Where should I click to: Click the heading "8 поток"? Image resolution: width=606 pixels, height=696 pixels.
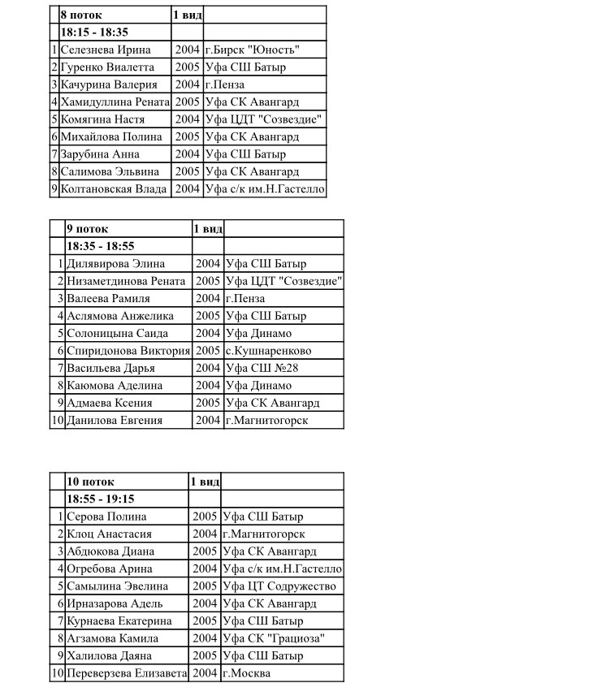coord(82,15)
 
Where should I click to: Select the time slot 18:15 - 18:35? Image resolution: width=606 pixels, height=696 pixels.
coord(94,32)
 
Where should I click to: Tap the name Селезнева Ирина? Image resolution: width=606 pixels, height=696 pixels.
coord(106,50)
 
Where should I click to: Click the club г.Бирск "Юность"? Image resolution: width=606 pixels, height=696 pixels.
coord(263,50)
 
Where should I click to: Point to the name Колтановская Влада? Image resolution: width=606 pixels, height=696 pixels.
coord(114,189)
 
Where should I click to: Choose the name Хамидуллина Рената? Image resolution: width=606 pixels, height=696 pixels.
coord(115,102)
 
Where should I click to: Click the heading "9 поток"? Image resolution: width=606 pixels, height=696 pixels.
coord(87,229)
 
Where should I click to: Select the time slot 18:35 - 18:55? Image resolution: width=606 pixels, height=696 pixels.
coord(100,246)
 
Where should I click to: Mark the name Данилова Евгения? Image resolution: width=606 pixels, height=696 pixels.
coord(115,421)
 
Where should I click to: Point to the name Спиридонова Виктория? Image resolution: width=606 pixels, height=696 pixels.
coord(128,351)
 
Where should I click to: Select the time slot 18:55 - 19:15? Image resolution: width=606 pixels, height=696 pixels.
coord(100,499)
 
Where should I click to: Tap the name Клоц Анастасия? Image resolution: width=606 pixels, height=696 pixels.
coord(109,534)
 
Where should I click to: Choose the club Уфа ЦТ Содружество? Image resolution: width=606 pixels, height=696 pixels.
coord(279,586)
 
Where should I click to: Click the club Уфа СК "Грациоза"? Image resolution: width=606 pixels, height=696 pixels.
coord(273,638)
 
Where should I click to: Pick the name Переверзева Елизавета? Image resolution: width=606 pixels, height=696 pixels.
coord(127,673)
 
